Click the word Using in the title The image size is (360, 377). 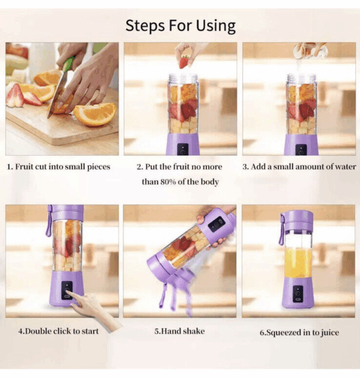pos(216,26)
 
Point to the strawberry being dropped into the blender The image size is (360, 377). pos(184,62)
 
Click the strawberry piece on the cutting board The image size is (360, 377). pos(16,95)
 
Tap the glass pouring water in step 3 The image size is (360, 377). pos(310,51)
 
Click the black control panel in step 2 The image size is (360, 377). pos(182,149)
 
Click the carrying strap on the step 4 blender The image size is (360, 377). pos(49,221)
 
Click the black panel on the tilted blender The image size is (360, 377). pos(217,224)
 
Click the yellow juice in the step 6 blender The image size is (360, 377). pos(298,263)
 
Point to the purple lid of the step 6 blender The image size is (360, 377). pos(298,220)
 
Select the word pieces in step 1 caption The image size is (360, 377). pos(98,167)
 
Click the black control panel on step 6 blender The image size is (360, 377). pos(298,294)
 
